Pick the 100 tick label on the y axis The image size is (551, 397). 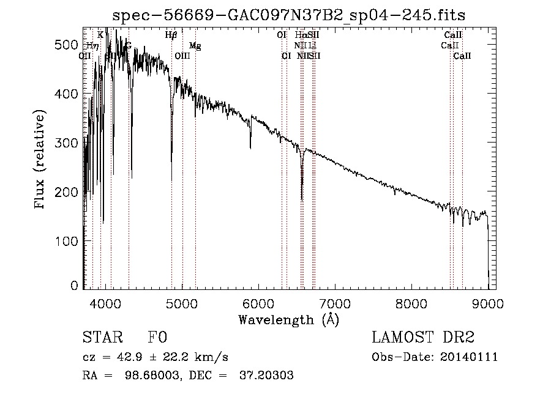[x=69, y=241]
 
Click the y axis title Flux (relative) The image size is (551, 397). [x=41, y=160]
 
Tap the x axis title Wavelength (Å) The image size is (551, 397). [x=288, y=319]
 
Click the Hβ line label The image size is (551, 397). [x=171, y=35]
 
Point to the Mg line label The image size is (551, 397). [x=195, y=46]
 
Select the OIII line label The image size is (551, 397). [x=182, y=56]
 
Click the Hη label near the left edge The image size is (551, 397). [x=92, y=45]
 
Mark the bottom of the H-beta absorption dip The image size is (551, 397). [x=171, y=179]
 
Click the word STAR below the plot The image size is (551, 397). [x=99, y=338]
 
